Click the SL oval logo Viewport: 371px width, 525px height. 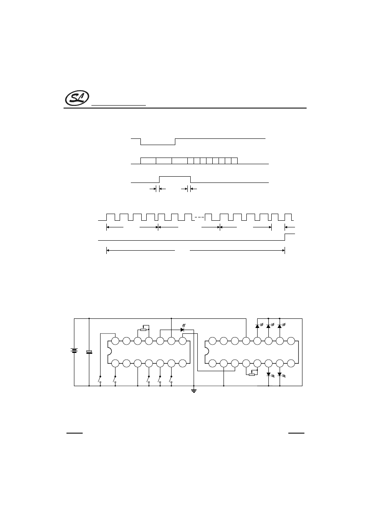coord(77,98)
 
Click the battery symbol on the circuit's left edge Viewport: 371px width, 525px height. coord(74,351)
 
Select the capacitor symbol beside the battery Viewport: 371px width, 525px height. coord(89,352)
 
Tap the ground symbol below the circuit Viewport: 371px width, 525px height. coord(194,391)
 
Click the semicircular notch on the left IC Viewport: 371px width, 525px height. coord(110,352)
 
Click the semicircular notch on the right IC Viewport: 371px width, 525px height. coord(207,352)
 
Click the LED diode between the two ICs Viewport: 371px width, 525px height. coord(182,329)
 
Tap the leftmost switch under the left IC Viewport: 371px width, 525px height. coord(100,379)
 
